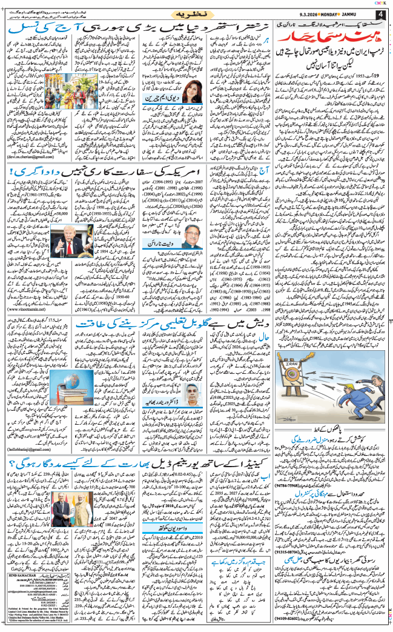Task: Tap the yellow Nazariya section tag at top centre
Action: point(197,13)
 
